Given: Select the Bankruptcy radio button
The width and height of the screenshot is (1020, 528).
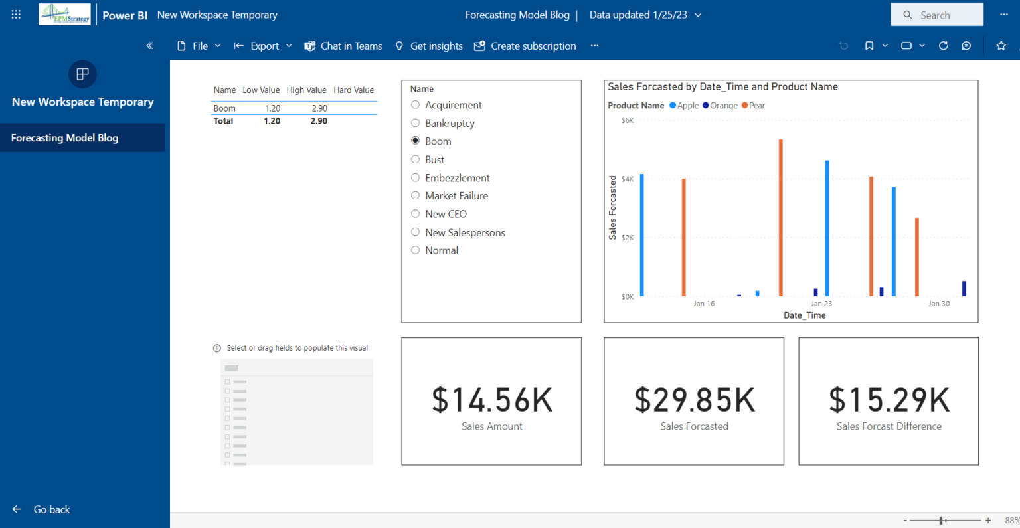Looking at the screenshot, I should [416, 123].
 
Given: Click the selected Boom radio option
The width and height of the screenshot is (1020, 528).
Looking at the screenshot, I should [416, 141].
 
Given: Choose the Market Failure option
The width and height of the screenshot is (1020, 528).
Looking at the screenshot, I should [416, 195].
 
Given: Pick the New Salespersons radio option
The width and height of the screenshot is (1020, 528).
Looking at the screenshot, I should [416, 232].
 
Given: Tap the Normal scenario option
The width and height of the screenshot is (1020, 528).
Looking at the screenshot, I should [416, 250].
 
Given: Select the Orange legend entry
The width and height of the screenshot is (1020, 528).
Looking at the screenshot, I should [720, 106].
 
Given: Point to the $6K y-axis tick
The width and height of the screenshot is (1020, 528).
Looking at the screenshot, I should [627, 121].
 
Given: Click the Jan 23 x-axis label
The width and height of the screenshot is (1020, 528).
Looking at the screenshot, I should [821, 304].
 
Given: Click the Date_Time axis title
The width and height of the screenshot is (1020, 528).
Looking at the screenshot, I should [804, 315].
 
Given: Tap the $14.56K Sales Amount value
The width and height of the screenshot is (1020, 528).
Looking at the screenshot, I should [491, 400].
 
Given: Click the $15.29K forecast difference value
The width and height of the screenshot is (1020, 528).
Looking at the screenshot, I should [889, 400].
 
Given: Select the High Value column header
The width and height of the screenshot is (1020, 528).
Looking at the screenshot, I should [306, 90].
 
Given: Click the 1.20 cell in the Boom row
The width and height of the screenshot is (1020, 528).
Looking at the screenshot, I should [272, 108].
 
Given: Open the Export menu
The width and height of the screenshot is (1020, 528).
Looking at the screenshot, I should [263, 46].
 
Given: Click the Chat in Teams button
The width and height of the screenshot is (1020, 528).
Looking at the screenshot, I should [343, 46].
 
